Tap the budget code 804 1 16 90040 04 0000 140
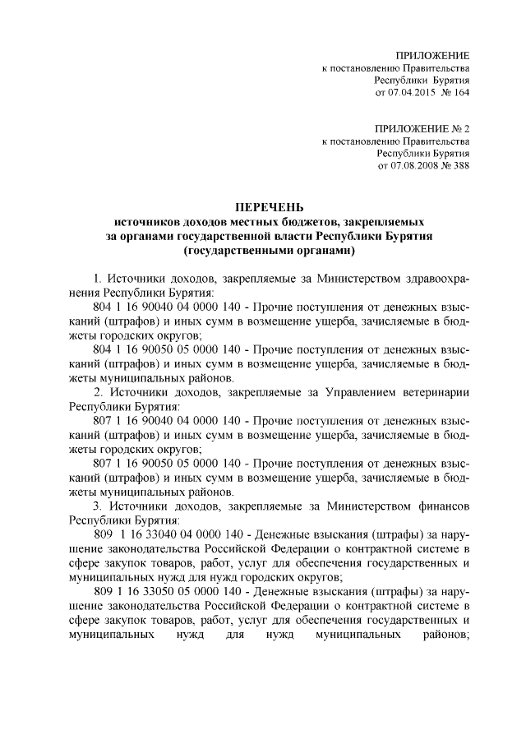[x=159, y=307]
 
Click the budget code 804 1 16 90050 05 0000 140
[x=159, y=349]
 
